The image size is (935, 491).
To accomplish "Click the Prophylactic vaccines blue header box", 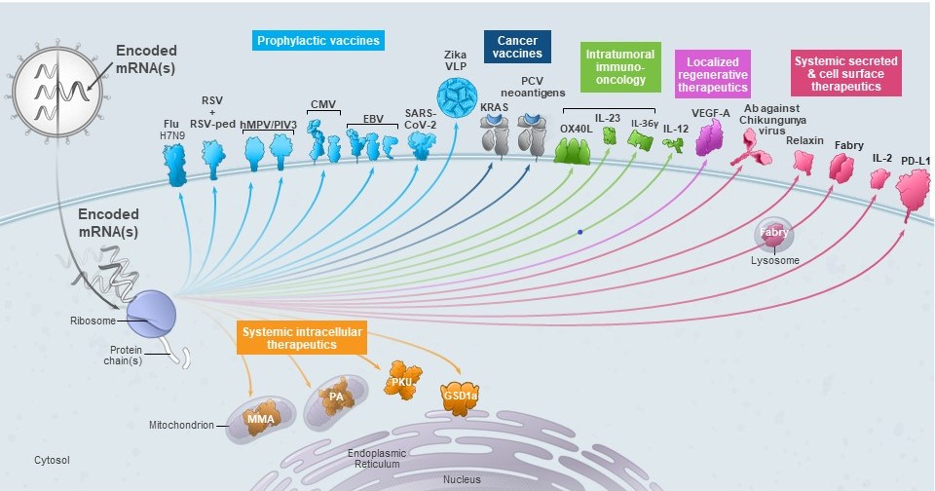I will point(318,41).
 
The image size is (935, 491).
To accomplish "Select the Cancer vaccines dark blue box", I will point(518,46).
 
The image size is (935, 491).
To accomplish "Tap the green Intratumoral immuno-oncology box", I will point(620,65).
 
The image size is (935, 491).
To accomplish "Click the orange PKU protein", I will point(402,380).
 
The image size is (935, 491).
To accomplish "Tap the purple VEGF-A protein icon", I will point(711,140).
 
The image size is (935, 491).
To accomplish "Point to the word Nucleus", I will point(462,479).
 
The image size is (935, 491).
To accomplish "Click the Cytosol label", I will point(53,458).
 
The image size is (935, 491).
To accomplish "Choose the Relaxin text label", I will point(804,140).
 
